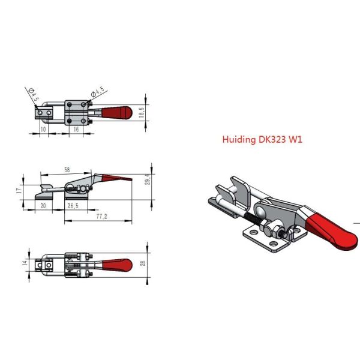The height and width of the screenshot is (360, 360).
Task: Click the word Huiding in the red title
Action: coord(239,140)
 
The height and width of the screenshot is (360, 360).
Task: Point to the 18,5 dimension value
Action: coord(143,112)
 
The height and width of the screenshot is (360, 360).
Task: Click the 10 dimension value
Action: coord(43,129)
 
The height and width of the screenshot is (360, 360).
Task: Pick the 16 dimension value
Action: coord(76,129)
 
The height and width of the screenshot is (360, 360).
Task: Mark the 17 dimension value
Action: coord(19,190)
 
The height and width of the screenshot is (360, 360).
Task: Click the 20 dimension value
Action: coord(43,205)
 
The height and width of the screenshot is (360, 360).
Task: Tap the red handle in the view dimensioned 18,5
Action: coord(116,112)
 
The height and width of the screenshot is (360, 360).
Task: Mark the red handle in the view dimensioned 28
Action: coord(116,265)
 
